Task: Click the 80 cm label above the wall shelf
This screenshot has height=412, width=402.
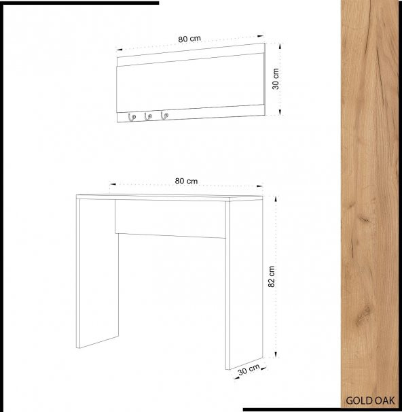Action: click(x=189, y=39)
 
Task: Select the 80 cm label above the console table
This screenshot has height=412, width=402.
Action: click(x=186, y=181)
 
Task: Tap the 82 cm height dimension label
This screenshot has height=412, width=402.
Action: click(x=272, y=277)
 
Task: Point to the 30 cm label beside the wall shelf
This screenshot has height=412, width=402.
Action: click(x=276, y=79)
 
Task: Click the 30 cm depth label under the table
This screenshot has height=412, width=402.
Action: click(x=249, y=369)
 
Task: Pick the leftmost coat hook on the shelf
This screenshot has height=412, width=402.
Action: click(x=131, y=117)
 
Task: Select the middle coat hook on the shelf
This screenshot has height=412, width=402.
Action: click(x=148, y=116)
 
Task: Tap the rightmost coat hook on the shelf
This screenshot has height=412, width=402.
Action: click(x=164, y=115)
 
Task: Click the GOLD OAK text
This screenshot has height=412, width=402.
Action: click(x=370, y=400)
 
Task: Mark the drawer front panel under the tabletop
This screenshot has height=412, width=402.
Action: click(x=170, y=219)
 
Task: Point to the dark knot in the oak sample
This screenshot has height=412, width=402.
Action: click(x=365, y=219)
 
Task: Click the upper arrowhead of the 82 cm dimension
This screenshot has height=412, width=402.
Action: click(x=276, y=199)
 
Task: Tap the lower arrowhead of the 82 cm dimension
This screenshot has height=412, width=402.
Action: click(x=276, y=354)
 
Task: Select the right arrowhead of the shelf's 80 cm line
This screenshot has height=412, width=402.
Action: click(x=261, y=36)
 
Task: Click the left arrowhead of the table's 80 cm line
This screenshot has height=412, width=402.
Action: click(x=113, y=184)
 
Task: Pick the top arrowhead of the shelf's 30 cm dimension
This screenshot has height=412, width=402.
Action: click(x=280, y=46)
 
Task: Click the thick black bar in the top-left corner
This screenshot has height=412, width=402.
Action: click(x=79, y=3)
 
